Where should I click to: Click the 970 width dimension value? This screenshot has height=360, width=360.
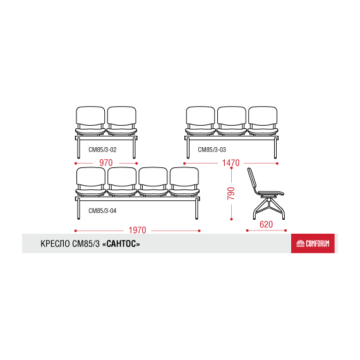(106, 163)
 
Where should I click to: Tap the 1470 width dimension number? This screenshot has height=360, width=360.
(231, 163)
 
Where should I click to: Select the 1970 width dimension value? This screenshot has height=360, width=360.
(137, 230)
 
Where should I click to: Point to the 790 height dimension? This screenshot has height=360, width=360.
(231, 193)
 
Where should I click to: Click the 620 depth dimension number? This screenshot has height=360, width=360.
(266, 224)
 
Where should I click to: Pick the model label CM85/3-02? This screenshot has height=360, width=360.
(102, 150)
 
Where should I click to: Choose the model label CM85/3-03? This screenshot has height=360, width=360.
(212, 150)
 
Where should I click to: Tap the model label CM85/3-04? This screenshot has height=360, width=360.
(102, 210)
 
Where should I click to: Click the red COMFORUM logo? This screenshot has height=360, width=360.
(313, 243)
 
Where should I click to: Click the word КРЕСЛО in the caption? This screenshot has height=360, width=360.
(56, 244)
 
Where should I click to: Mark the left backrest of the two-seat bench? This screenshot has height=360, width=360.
(90, 116)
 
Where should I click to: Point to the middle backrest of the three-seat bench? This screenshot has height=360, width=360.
(231, 116)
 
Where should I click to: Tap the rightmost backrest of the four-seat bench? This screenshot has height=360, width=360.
(184, 177)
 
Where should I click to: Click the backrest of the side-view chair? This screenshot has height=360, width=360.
(252, 180)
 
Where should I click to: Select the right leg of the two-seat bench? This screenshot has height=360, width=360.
(134, 148)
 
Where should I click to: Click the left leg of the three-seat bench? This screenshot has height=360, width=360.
(188, 148)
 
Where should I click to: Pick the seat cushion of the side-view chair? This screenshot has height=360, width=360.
(271, 193)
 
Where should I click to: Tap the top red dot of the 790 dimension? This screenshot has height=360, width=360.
(231, 168)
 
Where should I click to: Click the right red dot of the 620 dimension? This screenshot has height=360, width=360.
(285, 231)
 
